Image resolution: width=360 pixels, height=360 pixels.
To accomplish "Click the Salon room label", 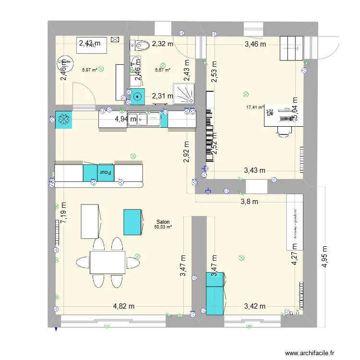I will point(163,222).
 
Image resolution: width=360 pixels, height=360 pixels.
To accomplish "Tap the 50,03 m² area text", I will point(163,228).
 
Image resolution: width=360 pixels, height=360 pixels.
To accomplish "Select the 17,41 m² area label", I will point(255,108).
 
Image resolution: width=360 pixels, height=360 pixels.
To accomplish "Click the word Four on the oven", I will point(105,171).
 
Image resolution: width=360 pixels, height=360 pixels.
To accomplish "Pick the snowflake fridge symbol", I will point(63,120).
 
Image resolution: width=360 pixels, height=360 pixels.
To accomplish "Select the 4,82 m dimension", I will point(123,306).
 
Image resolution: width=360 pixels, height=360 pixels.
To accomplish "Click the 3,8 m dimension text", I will point(249,202).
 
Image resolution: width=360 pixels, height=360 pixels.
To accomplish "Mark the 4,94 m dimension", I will point(125,119).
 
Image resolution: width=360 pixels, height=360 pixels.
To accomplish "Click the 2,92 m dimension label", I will point(187,152).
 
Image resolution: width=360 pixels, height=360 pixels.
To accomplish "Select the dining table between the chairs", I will point(108,262).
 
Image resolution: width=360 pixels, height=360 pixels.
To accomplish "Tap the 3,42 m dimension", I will point(254,306).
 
